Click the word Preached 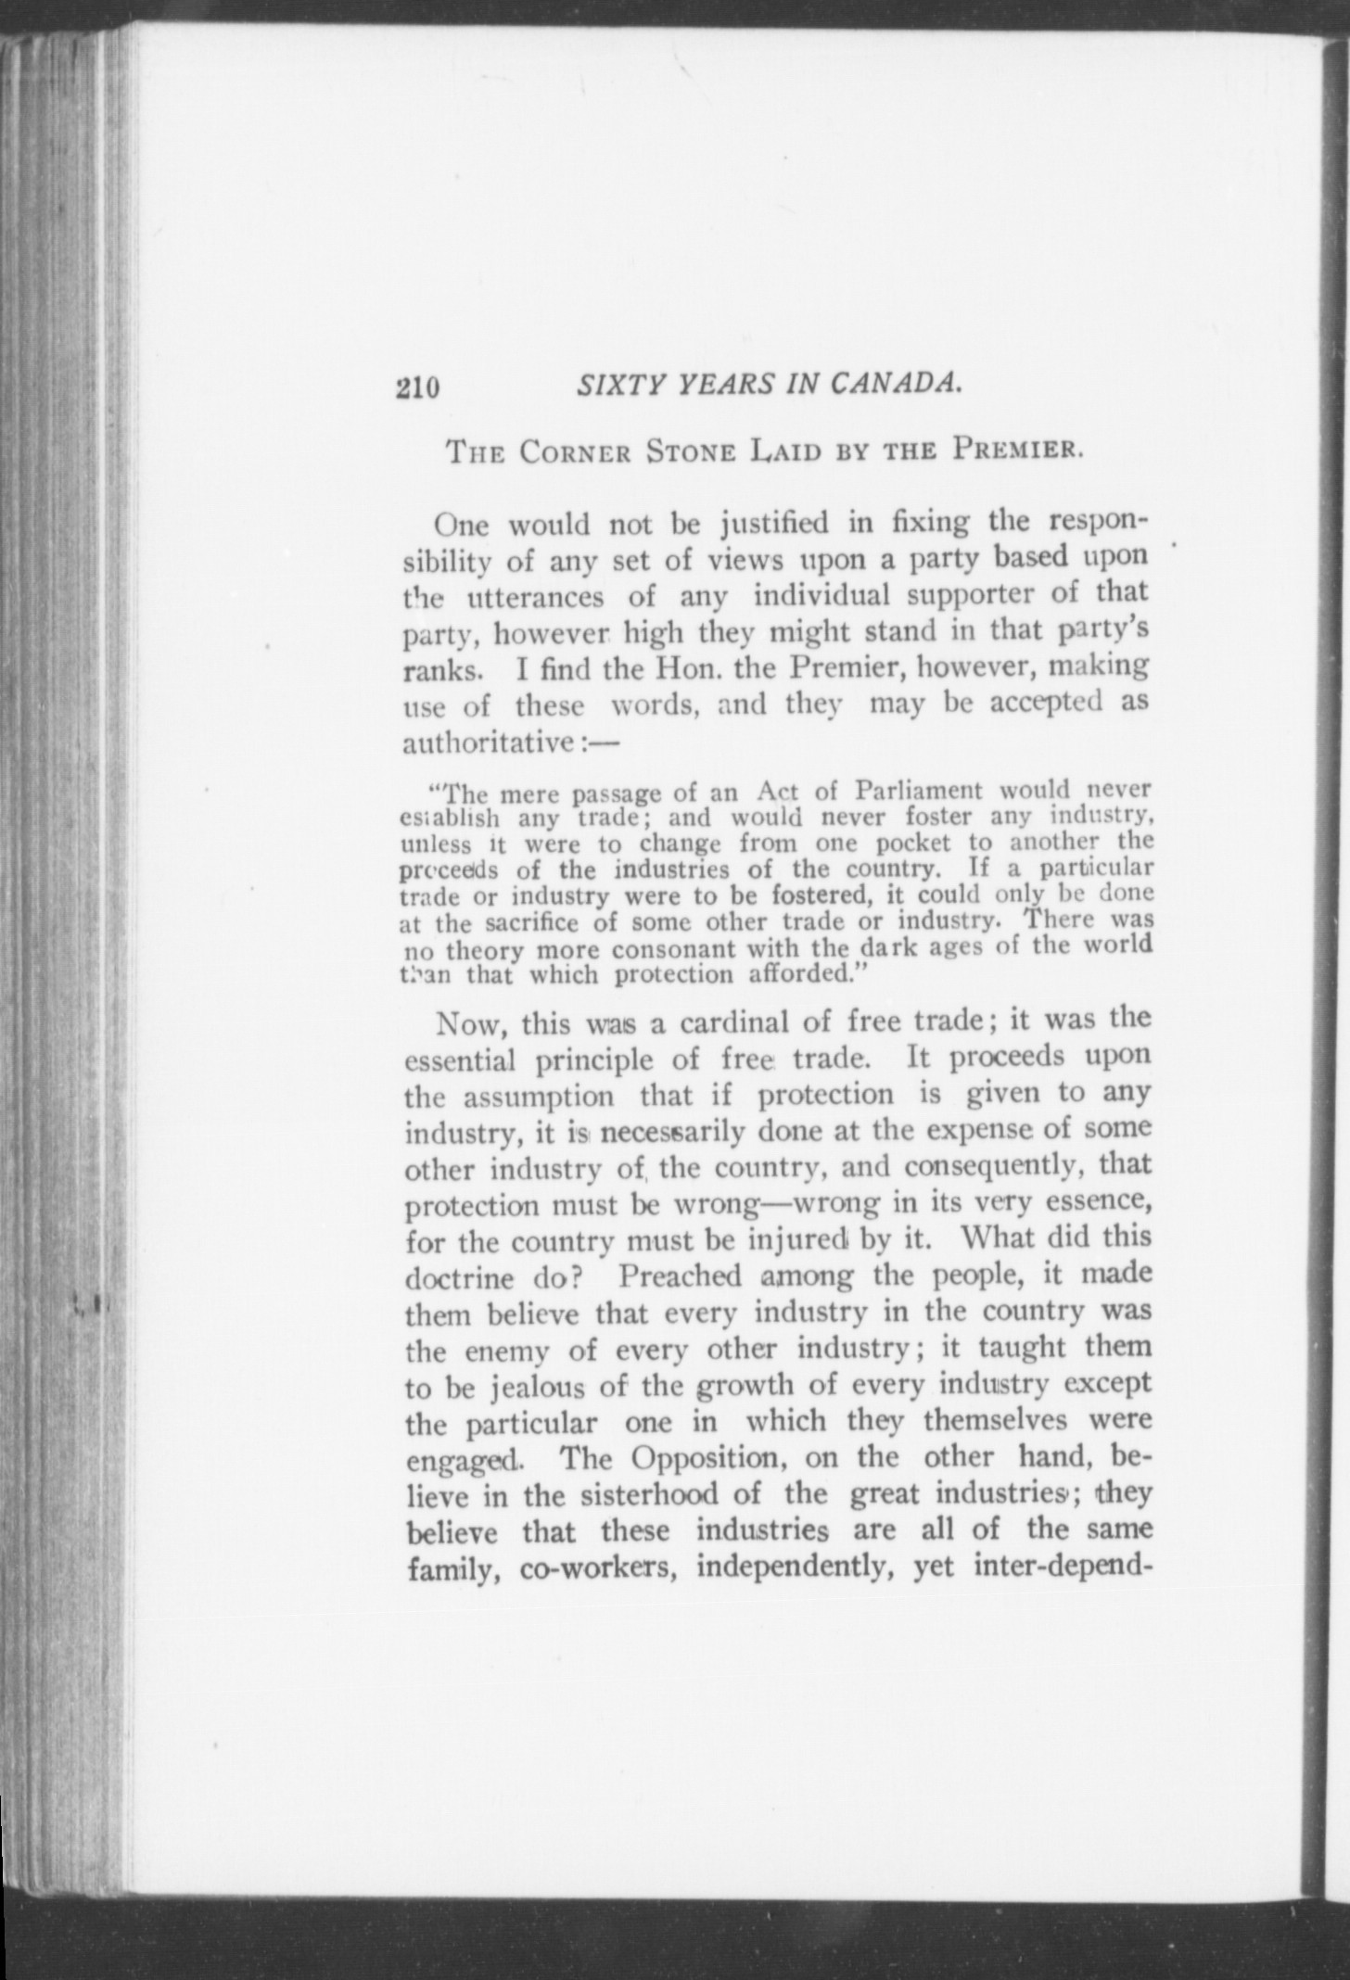(x=680, y=1276)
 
